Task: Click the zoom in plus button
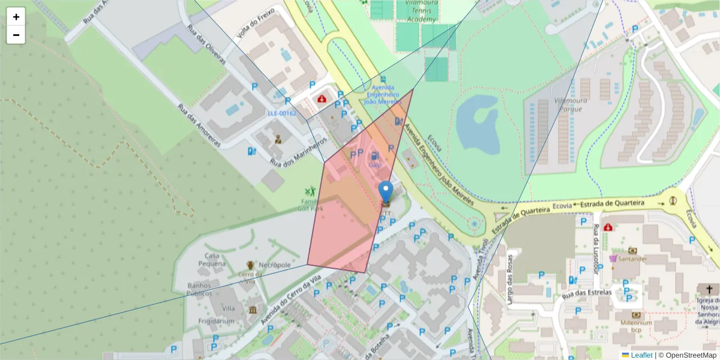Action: [x=16, y=17]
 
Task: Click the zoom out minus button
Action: [x=16, y=35]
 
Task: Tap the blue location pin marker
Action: [x=386, y=193]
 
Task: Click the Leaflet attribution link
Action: [x=641, y=355]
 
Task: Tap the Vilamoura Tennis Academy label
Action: [x=413, y=11]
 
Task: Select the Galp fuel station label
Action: [x=375, y=164]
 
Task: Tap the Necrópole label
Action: [x=275, y=265]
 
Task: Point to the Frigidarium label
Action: [x=216, y=321]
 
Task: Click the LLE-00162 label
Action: [x=281, y=113]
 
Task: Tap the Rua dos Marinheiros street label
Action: [x=298, y=152]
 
